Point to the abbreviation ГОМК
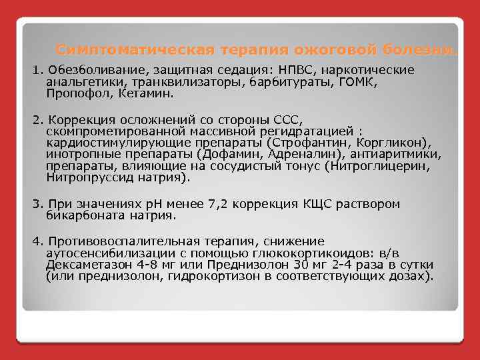click(359, 82)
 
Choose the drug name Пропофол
click(73, 94)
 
